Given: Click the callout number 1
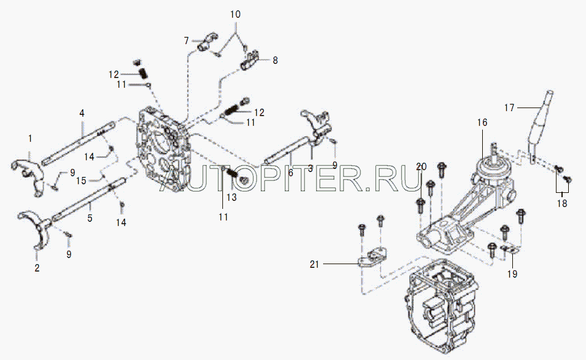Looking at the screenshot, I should point(30,139).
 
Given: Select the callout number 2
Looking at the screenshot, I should point(36,268).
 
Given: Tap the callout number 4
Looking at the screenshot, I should point(81,113).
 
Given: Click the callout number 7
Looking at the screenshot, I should point(186,41).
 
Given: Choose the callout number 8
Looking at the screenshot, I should point(275,60).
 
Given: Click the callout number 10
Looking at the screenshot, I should point(236,14).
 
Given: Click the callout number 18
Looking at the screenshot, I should point(562,203).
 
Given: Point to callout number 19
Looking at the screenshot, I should point(512,274).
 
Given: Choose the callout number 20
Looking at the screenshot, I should point(421,166).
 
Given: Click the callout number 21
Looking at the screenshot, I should point(314,264).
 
